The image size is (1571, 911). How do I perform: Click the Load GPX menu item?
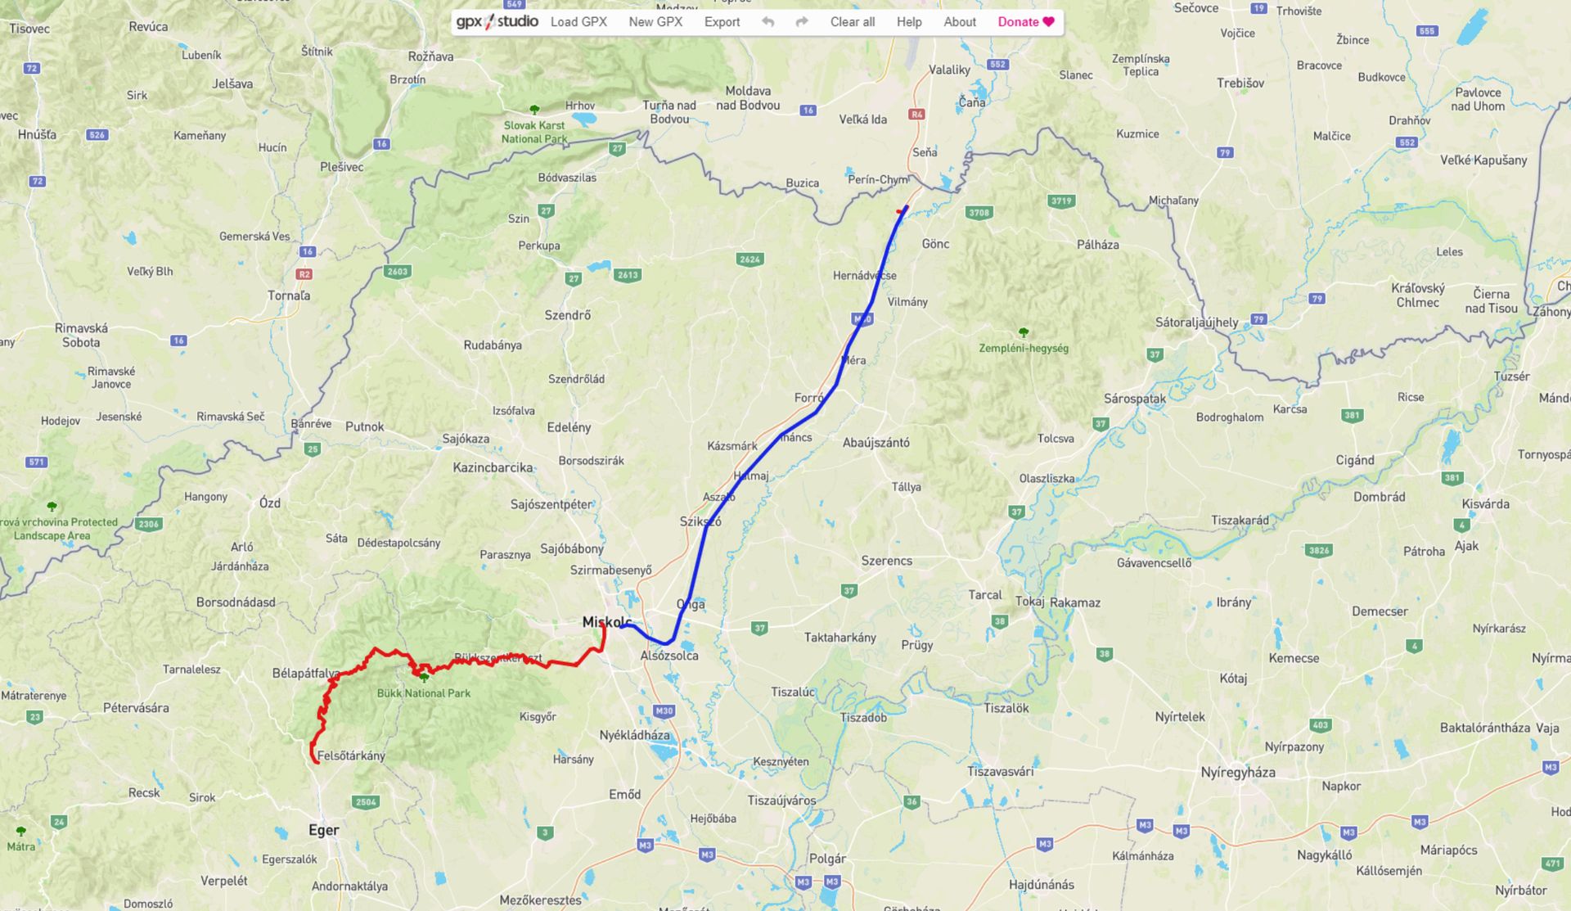[x=578, y=22]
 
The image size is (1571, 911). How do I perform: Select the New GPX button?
[x=655, y=22]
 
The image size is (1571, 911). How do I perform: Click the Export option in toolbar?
[x=722, y=22]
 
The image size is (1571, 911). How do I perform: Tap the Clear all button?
[x=852, y=22]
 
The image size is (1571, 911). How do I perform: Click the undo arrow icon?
[x=767, y=22]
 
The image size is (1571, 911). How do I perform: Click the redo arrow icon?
[x=802, y=22]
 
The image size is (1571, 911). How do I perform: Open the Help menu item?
[x=909, y=22]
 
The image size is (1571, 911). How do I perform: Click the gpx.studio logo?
[x=497, y=21]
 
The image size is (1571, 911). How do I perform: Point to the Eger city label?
[x=323, y=830]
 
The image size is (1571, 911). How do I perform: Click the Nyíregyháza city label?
[x=1237, y=772]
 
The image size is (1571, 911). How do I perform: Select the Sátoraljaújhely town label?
[x=1196, y=322]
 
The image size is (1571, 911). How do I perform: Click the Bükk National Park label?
[x=424, y=693]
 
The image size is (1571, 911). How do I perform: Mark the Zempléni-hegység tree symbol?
[x=1023, y=333]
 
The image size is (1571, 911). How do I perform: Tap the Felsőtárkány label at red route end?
[x=351, y=755]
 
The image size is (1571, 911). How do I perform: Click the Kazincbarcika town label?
[x=493, y=467]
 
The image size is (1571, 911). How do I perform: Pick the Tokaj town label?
[x=1029, y=602]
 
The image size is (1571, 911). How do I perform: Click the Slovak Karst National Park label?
[x=534, y=132]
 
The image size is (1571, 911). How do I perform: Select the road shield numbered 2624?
[x=749, y=259]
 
